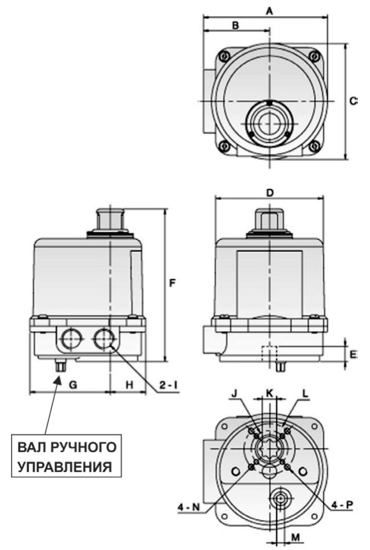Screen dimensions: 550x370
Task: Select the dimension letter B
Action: tap(235, 25)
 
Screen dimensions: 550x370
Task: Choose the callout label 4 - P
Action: tap(341, 505)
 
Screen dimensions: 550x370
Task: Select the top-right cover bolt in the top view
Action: tap(314, 56)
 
